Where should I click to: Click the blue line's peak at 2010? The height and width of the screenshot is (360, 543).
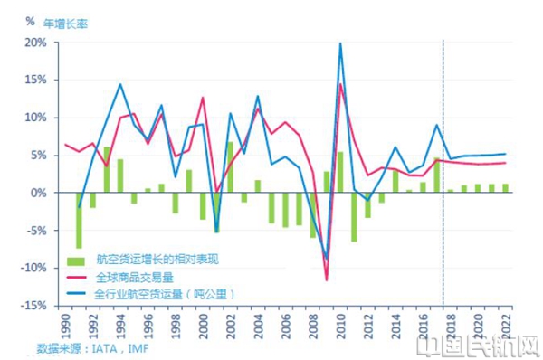click(x=340, y=43)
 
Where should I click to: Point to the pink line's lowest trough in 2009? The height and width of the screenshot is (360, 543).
click(x=327, y=279)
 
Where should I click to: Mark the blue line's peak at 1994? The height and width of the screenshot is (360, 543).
click(x=120, y=84)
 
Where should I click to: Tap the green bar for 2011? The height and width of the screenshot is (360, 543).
click(x=354, y=217)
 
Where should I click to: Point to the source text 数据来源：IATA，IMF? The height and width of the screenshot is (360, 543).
click(x=92, y=347)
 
